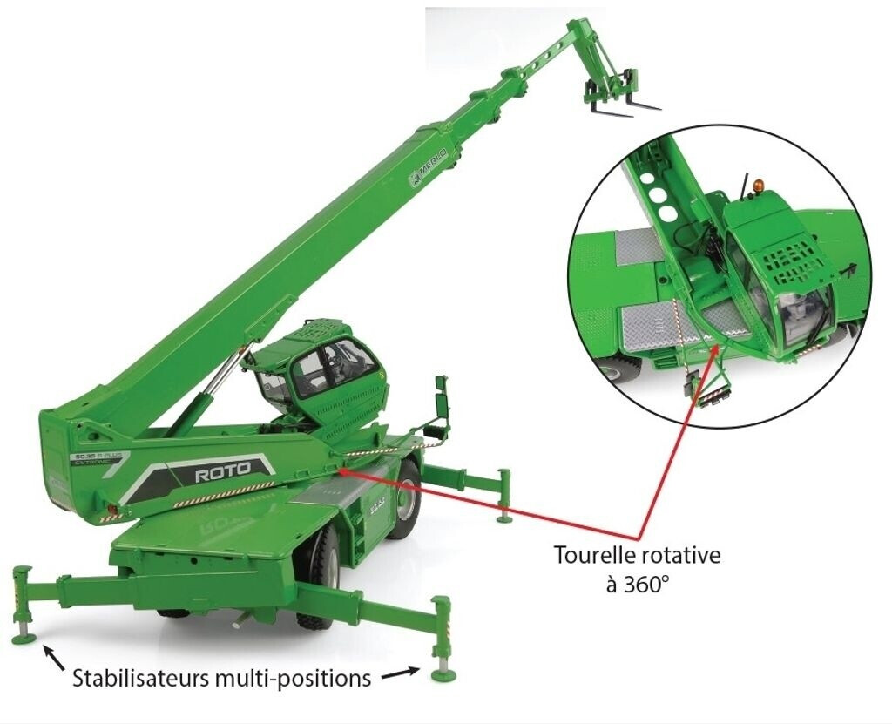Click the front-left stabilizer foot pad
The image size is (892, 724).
(x=24, y=639)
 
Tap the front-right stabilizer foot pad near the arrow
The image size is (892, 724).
(x=443, y=673)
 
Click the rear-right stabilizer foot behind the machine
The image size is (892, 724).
(x=504, y=518)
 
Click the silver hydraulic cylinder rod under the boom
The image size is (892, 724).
(x=219, y=377)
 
